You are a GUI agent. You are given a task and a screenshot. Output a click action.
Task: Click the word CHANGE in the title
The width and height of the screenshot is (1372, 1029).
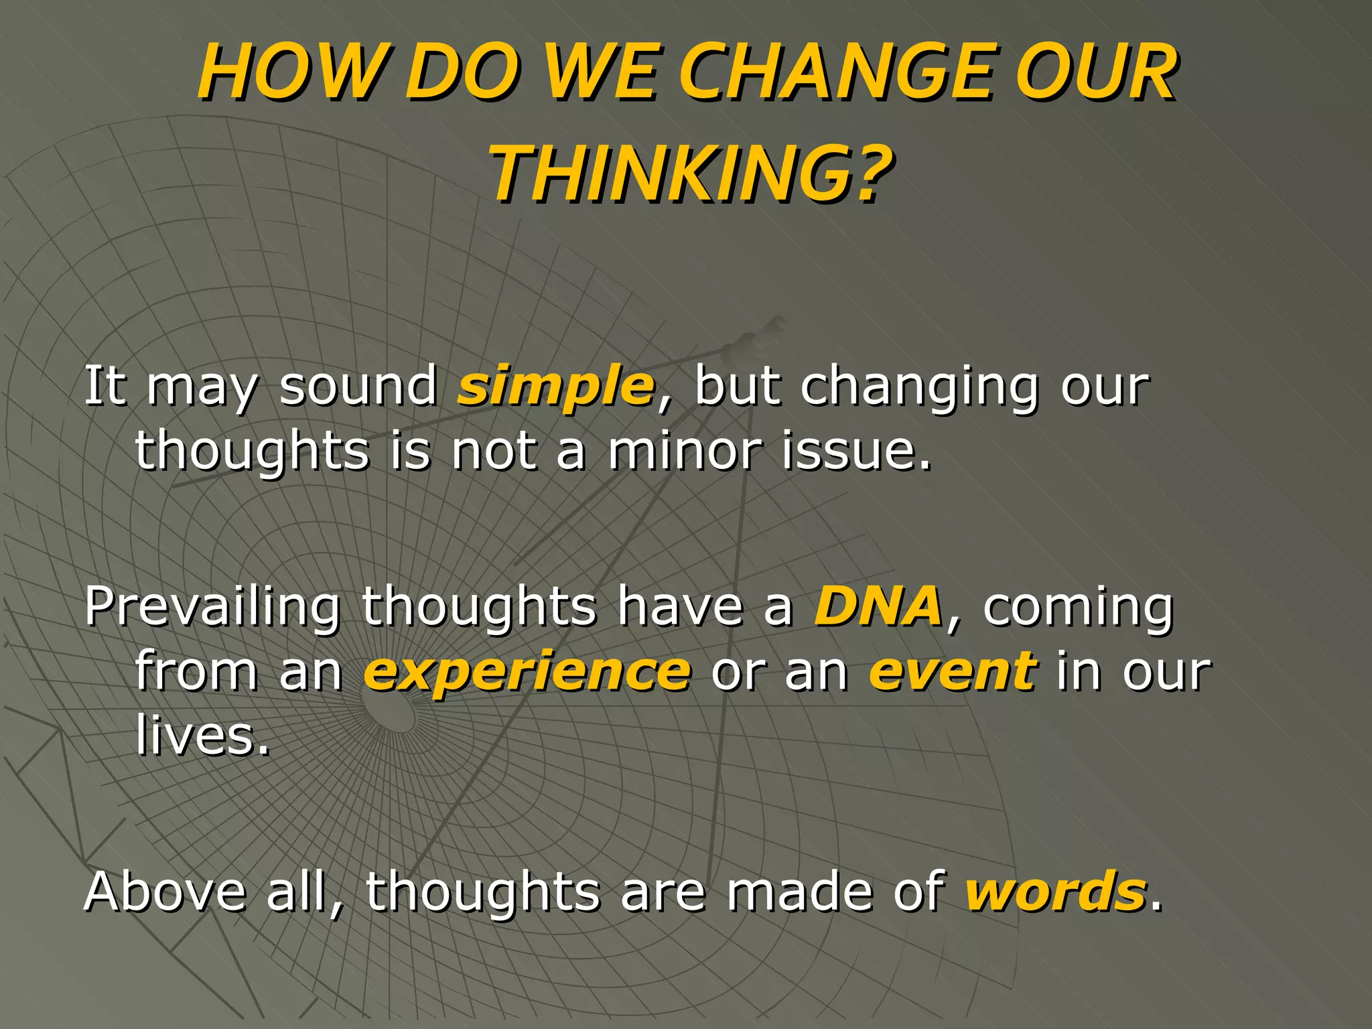coord(837,72)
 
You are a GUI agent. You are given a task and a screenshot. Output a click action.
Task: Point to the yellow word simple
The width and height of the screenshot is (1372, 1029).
coord(555,387)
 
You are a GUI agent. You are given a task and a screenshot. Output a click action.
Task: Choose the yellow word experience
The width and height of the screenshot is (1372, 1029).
coord(527,671)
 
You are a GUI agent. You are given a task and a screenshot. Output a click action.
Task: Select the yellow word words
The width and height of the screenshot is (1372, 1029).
coord(1055,892)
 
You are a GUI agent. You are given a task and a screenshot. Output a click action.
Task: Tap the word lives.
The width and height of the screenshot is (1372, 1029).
coord(202,735)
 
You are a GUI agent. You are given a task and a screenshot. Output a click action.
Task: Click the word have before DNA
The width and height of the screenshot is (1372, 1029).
coord(680,606)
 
